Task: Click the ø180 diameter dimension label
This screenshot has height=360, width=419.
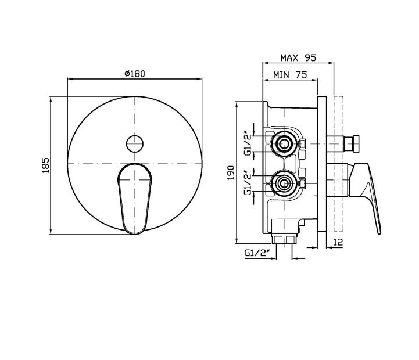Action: [x=135, y=74]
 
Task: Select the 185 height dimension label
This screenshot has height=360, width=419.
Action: [x=46, y=165]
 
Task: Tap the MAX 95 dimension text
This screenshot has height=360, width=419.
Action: [x=298, y=57]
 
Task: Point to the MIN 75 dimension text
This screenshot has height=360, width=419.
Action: [x=290, y=75]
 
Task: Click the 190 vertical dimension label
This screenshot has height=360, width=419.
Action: [x=231, y=173]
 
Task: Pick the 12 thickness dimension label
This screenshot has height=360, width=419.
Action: [x=338, y=242]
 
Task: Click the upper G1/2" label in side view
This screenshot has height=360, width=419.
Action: [x=248, y=143]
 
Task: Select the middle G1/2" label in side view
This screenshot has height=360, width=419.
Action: [x=248, y=183]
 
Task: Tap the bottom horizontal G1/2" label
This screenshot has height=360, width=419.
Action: [x=256, y=253]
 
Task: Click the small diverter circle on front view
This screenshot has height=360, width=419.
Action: [x=135, y=143]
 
